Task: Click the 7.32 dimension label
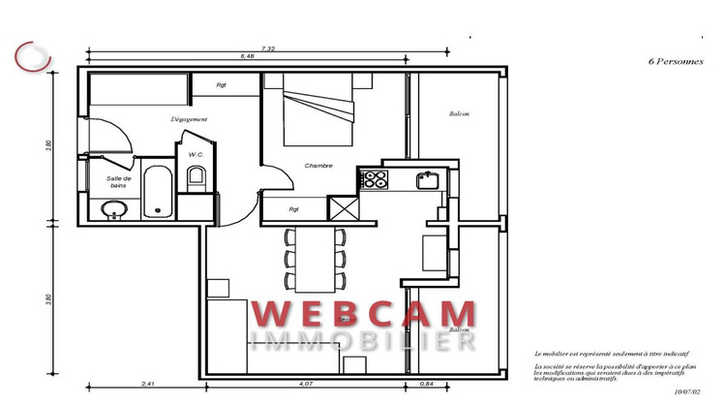point(269,48)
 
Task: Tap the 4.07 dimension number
point(306,385)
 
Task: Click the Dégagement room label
point(189,119)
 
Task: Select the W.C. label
point(195,155)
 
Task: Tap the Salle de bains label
point(119,182)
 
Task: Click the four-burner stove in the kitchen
point(374,179)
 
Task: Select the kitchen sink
point(427,179)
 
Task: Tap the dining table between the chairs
point(315,259)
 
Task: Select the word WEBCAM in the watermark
point(365,315)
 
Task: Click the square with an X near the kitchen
point(343,210)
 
